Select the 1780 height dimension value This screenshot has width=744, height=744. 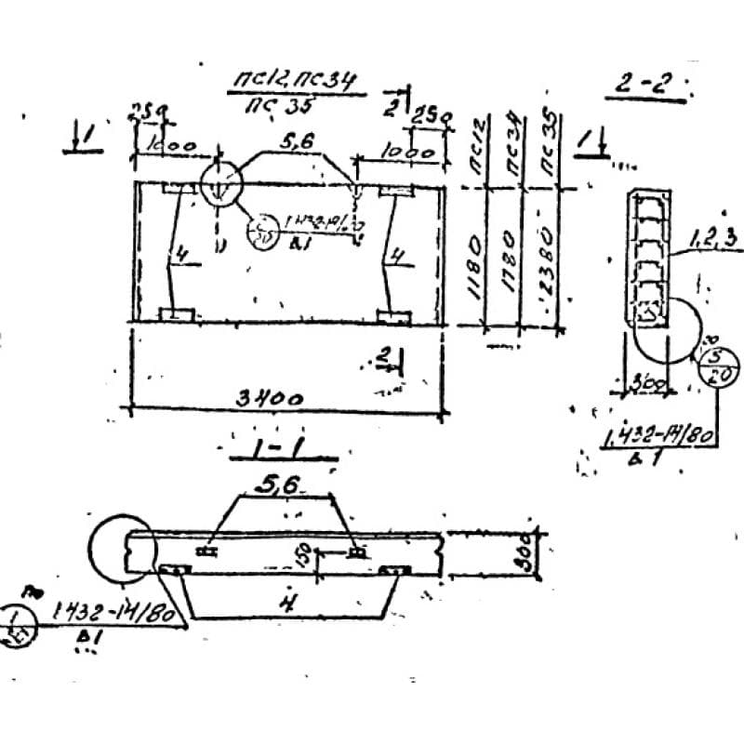509,265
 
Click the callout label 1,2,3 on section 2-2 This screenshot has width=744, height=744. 714,240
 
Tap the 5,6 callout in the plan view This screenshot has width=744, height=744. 299,140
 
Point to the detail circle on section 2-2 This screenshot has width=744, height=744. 667,330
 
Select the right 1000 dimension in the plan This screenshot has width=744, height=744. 410,151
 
